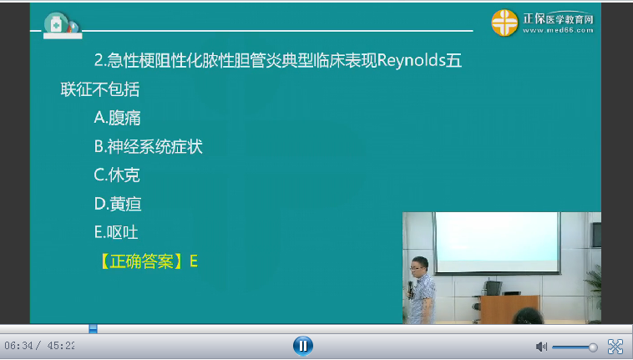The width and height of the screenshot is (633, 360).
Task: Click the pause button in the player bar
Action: pyautogui.click(x=302, y=345)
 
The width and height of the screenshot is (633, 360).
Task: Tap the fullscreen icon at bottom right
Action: pyautogui.click(x=615, y=346)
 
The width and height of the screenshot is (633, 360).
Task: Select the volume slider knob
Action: pyautogui.click(x=593, y=347)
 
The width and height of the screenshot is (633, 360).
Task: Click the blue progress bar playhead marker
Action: pyautogui.click(x=93, y=328)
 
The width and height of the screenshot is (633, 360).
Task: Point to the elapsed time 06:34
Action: pyautogui.click(x=20, y=346)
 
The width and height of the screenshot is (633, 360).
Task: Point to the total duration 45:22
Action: pyautogui.click(x=59, y=346)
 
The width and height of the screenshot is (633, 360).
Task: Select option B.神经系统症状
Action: pyautogui.click(x=148, y=147)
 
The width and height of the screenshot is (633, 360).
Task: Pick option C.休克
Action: pyautogui.click(x=117, y=175)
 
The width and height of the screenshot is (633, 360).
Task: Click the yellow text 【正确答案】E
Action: pyautogui.click(x=147, y=261)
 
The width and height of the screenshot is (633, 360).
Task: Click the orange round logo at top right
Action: pyautogui.click(x=506, y=22)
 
